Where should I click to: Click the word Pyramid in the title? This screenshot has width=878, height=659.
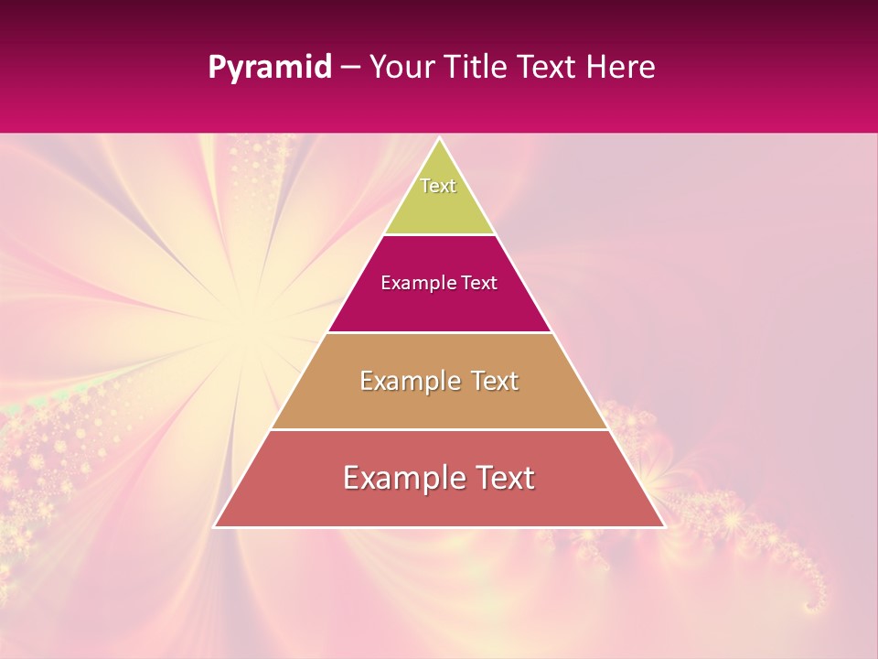pyautogui.click(x=269, y=68)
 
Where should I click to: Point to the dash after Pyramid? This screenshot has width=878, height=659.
pyautogui.click(x=350, y=69)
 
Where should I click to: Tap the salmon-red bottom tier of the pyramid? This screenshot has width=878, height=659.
pyautogui.click(x=439, y=503)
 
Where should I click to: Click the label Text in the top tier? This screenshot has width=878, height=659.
pyautogui.click(x=438, y=186)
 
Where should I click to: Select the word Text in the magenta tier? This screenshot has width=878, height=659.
pyautogui.click(x=479, y=283)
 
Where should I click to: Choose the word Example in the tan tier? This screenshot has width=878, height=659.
pyautogui.click(x=408, y=381)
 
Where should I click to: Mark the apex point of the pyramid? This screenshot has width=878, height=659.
pyautogui.click(x=439, y=139)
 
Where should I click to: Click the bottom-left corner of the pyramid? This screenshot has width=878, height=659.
pyautogui.click(x=215, y=526)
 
